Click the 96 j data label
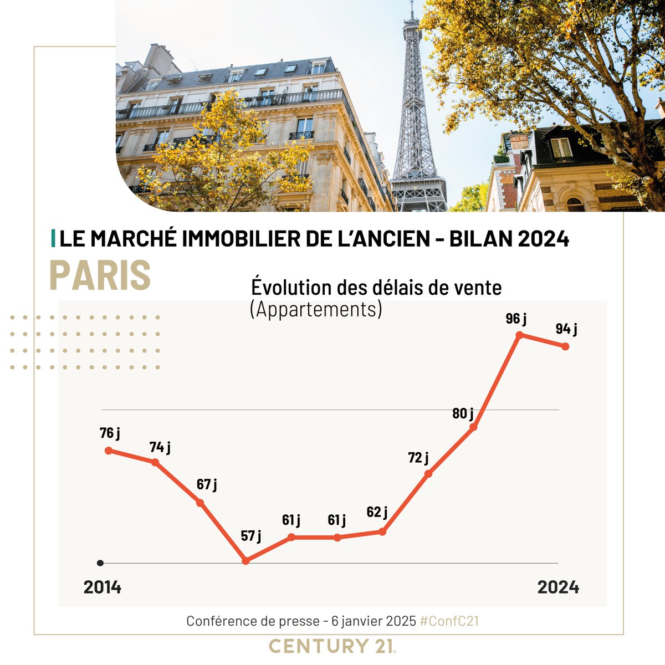[x=516, y=319]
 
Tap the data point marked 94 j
[x=565, y=346]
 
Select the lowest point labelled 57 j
[x=246, y=561]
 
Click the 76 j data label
[x=110, y=433]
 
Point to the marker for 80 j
[x=473, y=427]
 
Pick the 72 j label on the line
[x=418, y=458]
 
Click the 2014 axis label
[x=103, y=587]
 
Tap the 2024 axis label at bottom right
[x=558, y=587]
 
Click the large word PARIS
[x=100, y=274]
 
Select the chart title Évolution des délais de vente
[x=376, y=288]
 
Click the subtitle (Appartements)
[x=316, y=309]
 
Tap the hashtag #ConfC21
[x=449, y=621]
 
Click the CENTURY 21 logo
[x=332, y=646]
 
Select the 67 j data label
[x=207, y=484]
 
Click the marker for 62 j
[x=382, y=531]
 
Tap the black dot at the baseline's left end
[x=100, y=563]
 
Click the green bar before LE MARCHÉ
[x=53, y=239]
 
